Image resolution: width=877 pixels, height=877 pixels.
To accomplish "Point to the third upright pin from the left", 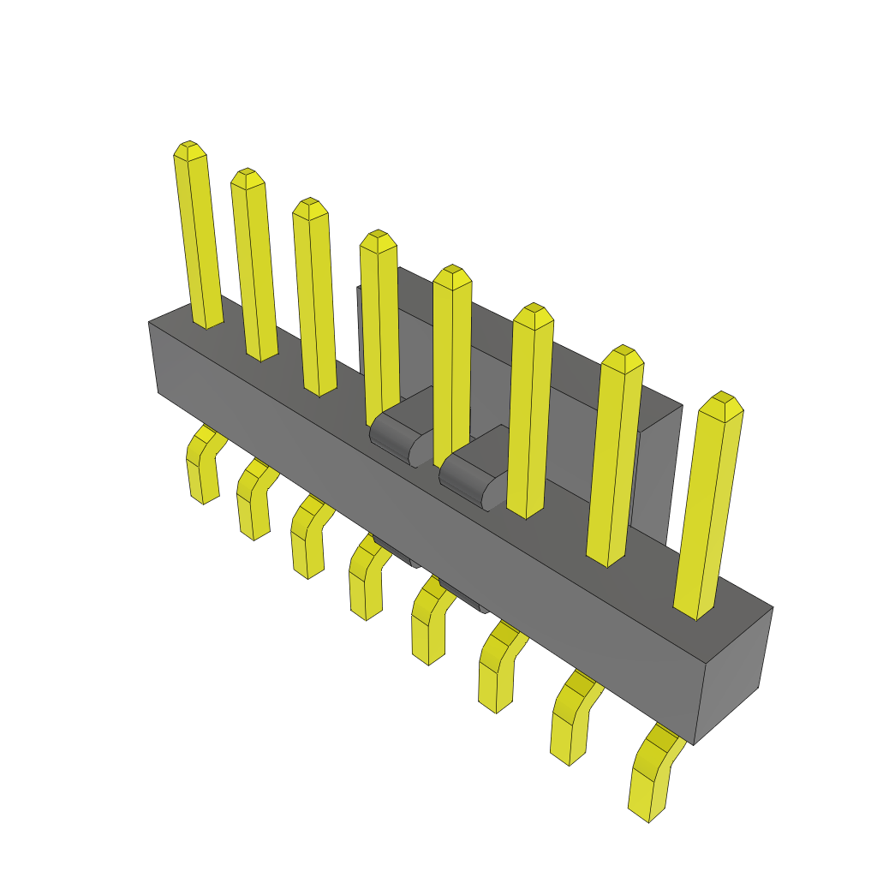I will [x=314, y=300].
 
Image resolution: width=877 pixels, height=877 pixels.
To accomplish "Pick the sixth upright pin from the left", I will [x=530, y=411].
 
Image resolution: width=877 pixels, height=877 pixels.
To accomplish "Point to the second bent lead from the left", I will [x=253, y=501].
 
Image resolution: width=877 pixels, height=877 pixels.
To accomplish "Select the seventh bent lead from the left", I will [x=570, y=719].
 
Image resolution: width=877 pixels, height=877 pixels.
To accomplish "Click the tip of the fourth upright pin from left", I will [x=378, y=240].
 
